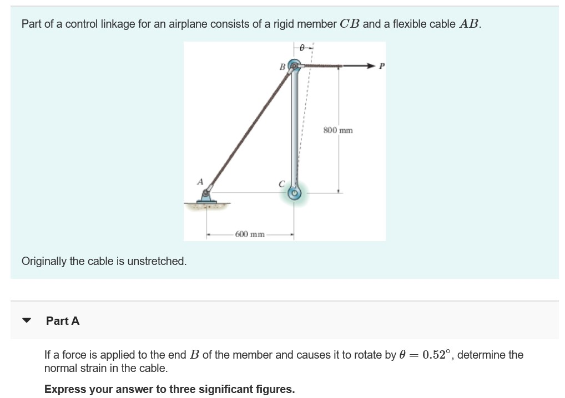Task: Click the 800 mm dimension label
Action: [337, 130]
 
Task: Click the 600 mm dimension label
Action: [249, 234]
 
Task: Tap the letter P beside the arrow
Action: [381, 66]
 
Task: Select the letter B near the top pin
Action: [282, 67]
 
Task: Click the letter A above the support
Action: [200, 181]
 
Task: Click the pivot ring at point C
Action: [295, 193]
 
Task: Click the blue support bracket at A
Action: [206, 197]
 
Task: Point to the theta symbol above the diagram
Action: [302, 48]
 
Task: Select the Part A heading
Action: [63, 320]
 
